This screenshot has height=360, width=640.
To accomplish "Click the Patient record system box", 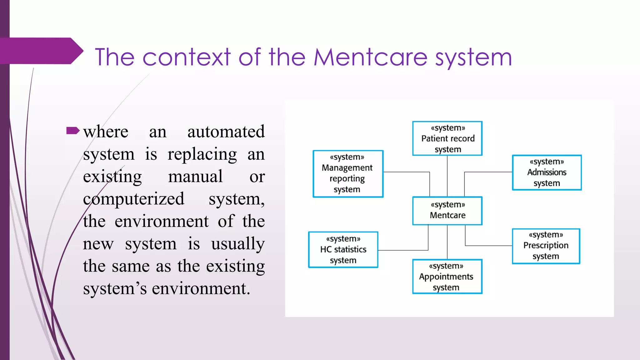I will click(x=447, y=138).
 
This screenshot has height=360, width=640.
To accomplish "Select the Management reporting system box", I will click(x=348, y=174).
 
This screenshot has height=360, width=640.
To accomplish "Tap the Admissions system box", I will click(x=547, y=172).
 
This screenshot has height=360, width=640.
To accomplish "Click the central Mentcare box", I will click(x=447, y=211).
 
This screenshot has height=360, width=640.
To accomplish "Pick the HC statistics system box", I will click(x=343, y=250).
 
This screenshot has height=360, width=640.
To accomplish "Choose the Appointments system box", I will click(x=447, y=277).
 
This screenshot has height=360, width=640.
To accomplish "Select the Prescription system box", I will click(x=546, y=246).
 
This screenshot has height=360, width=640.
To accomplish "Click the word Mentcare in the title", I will click(x=371, y=57).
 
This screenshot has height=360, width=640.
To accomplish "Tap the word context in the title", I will click(x=187, y=57).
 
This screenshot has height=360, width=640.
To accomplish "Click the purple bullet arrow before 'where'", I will click(x=73, y=131).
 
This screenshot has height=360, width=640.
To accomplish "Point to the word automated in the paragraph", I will click(x=226, y=132).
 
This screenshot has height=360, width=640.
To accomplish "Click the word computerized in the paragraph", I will click(x=134, y=199).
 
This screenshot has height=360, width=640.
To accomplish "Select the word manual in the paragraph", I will click(x=195, y=177).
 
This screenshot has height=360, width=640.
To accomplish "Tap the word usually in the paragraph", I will click(x=238, y=244).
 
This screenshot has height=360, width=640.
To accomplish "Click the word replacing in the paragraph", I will click(x=202, y=154).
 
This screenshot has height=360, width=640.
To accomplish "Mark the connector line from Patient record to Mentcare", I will click(x=447, y=176).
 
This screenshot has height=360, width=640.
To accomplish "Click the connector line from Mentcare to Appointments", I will click(x=447, y=242).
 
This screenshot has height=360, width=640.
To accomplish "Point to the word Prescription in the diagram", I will click(x=546, y=245).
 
